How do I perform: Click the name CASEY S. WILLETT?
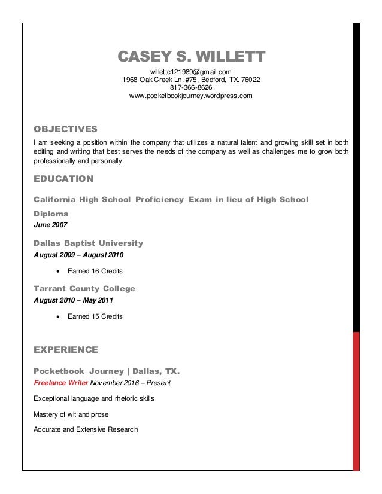(x=191, y=57)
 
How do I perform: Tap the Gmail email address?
(x=190, y=72)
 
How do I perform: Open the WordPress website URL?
(x=190, y=96)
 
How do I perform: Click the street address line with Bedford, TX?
(x=190, y=80)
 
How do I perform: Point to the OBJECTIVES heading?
(x=65, y=129)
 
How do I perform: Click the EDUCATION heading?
(x=63, y=178)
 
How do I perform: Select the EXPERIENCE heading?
(x=66, y=349)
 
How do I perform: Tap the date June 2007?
(x=50, y=225)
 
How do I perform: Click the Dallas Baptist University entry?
(x=89, y=243)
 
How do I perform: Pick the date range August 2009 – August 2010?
(x=78, y=255)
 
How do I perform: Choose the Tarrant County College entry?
(x=84, y=289)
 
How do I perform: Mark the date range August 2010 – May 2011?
(x=72, y=300)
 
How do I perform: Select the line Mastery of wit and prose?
(x=71, y=414)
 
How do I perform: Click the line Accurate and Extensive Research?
(x=86, y=429)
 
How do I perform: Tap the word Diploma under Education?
(x=51, y=214)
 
